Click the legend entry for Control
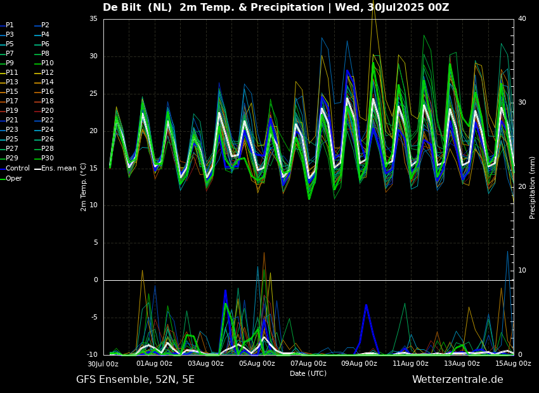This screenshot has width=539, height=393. click(18, 169)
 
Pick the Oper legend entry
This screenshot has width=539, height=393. click(14, 178)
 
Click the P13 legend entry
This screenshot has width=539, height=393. click(12, 82)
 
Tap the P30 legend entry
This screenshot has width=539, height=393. click(48, 158)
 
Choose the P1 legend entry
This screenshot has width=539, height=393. click(10, 25)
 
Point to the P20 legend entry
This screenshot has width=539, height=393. click(48, 111)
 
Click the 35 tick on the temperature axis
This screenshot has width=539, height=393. click(93, 19)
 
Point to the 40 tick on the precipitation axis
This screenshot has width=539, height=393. click(522, 19)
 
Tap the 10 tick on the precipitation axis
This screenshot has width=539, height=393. click(522, 271)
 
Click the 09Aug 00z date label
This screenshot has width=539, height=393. click(359, 364)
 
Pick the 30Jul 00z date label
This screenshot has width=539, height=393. click(103, 364)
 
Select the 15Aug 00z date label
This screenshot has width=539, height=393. click(513, 364)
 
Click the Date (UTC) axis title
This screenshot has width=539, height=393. click(308, 374)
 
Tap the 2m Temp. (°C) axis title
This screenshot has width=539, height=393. click(83, 187)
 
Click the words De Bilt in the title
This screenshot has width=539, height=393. click(126, 8)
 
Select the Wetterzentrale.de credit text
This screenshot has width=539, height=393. click(457, 380)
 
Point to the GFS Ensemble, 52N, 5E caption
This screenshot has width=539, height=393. click(135, 380)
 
